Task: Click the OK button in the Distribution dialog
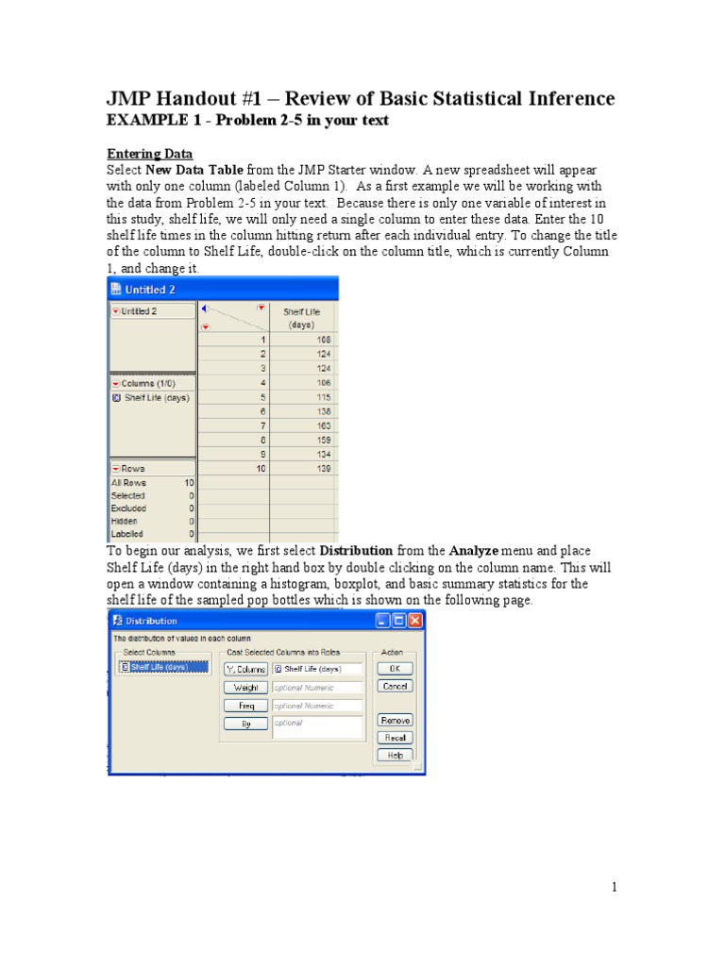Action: coord(395,668)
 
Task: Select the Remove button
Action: coord(395,720)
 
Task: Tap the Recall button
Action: coord(395,738)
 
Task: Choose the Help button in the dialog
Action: coord(395,755)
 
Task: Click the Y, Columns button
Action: coord(245,669)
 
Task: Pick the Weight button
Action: coord(245,688)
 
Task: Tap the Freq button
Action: coord(245,706)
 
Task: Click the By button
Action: coord(245,724)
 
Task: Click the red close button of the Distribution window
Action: coord(415,621)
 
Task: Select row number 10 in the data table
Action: coord(260,469)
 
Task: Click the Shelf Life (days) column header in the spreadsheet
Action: coord(304,317)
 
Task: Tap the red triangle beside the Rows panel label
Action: coord(117,468)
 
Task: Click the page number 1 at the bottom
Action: coord(614,887)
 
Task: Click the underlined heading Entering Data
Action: coord(149,153)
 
